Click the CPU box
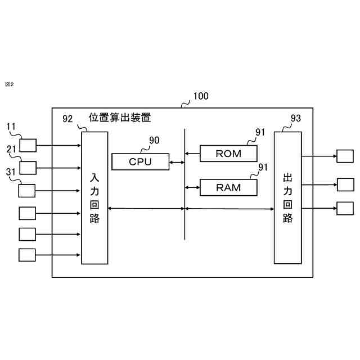point(140,162)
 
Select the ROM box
point(228,153)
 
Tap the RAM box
point(228,187)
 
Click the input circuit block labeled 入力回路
point(94,198)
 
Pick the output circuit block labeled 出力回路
point(287,197)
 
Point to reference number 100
point(200,96)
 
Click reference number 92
point(67,119)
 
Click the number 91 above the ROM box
point(260,132)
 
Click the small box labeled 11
point(28,146)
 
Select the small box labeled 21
point(28,168)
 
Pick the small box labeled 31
point(26,191)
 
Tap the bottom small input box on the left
point(26,255)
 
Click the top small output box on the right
point(345,156)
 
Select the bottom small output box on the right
point(345,208)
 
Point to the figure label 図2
point(9,84)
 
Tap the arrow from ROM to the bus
point(192,153)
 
